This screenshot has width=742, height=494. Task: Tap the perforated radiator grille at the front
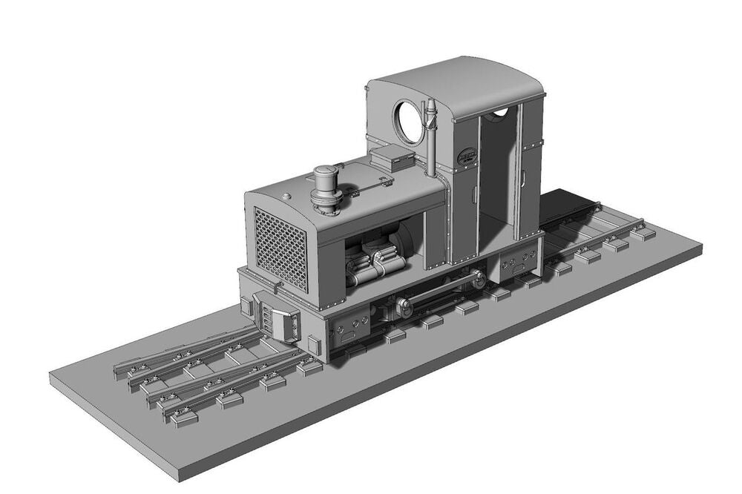[280, 248]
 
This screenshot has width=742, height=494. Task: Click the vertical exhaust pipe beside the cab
[430, 137]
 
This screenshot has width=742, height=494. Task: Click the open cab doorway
[496, 174]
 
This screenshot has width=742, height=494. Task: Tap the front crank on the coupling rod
[404, 305]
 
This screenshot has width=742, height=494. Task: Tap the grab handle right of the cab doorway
[522, 177]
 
